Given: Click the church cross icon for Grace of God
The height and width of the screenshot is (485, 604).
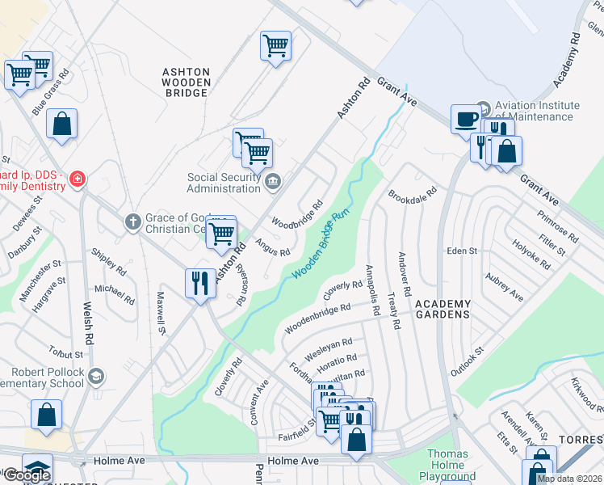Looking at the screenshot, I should (x=134, y=221).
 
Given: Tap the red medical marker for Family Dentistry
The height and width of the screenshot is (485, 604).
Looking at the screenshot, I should (x=77, y=179).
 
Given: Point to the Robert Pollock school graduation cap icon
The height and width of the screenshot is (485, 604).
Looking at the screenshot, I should (x=96, y=376).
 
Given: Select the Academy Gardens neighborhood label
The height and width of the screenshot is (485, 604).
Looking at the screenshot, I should (x=442, y=308).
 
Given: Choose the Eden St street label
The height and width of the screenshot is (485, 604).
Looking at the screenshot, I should (x=463, y=251).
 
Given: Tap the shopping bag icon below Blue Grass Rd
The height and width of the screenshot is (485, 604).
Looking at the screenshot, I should (x=62, y=125).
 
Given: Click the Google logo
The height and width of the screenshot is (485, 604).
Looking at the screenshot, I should (x=27, y=475).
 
